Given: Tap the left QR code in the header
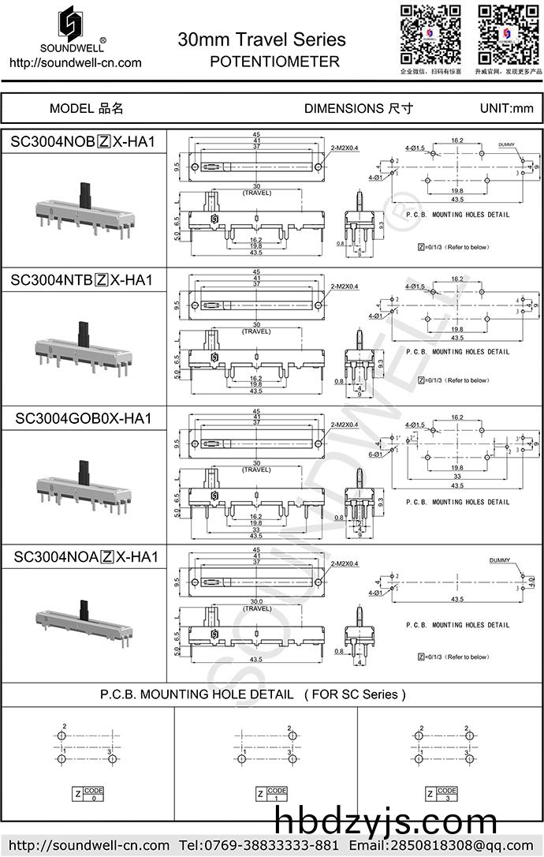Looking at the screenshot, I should pyautogui.click(x=430, y=34).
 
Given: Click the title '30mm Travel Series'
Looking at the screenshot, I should pyautogui.click(x=262, y=39).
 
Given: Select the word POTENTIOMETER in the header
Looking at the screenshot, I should pyautogui.click(x=275, y=62).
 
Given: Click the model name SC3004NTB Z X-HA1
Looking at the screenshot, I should pyautogui.click(x=82, y=280).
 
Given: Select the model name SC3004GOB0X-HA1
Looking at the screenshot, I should pyautogui.click(x=83, y=418).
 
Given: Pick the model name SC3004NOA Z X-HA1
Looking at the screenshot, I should pyautogui.click(x=86, y=557).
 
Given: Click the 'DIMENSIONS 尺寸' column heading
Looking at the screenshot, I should pyautogui.click(x=358, y=109).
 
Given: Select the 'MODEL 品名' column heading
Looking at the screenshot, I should pyautogui.click(x=86, y=109).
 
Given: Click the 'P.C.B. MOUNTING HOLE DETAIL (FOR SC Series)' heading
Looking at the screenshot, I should pyautogui.click(x=253, y=694).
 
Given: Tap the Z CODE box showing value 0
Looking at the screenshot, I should pyautogui.click(x=88, y=794).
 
